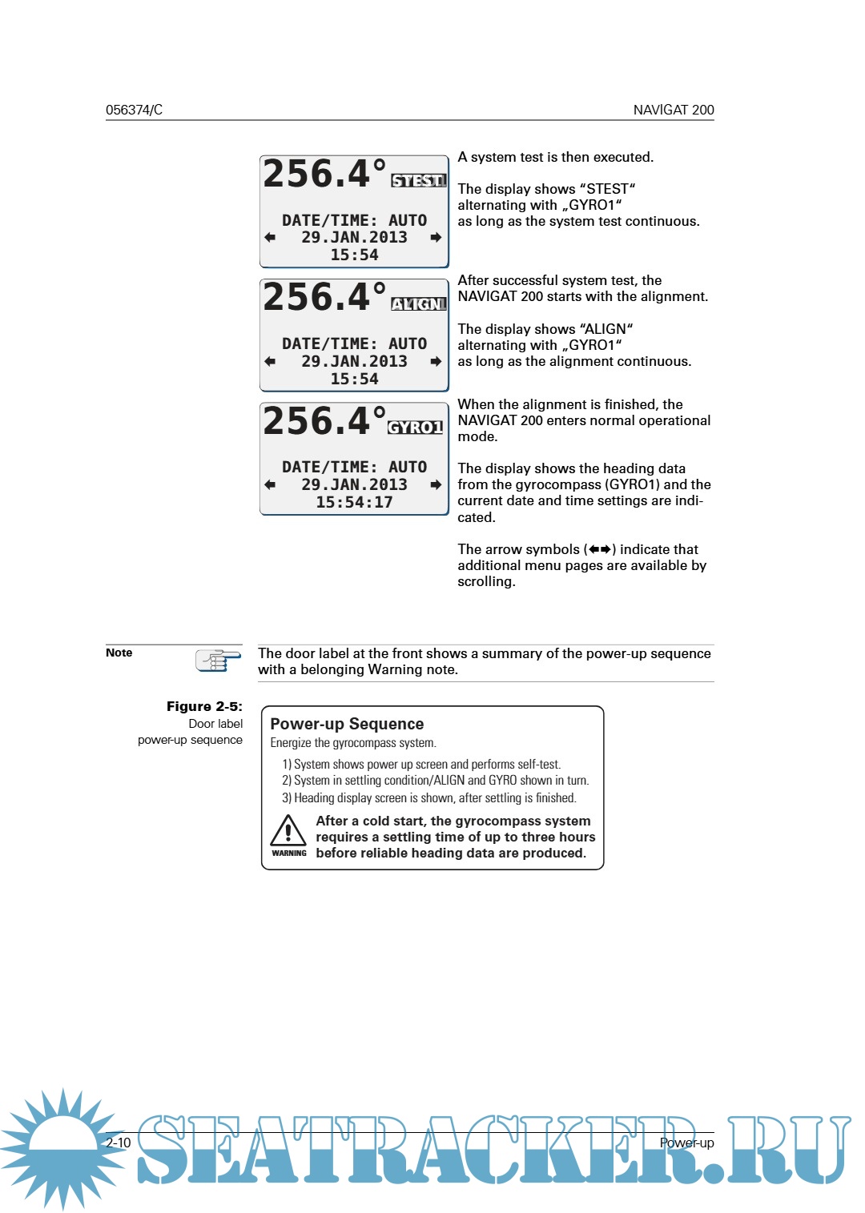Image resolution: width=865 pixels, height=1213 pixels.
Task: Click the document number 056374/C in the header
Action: pyautogui.click(x=134, y=110)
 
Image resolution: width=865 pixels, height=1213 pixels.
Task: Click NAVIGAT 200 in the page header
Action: pyautogui.click(x=673, y=110)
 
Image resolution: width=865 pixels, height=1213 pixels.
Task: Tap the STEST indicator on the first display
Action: pyautogui.click(x=418, y=180)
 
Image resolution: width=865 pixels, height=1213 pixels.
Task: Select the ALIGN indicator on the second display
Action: pyautogui.click(x=418, y=303)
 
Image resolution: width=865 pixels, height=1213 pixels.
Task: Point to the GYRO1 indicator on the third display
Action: pyautogui.click(x=415, y=427)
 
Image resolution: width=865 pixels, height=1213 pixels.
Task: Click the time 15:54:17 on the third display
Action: pyautogui.click(x=354, y=502)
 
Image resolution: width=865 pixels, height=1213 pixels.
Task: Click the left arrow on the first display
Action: pyautogui.click(x=270, y=237)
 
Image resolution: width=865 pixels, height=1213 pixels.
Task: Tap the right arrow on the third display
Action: pyautogui.click(x=436, y=484)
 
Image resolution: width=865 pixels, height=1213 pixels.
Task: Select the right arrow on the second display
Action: pyautogui.click(x=436, y=361)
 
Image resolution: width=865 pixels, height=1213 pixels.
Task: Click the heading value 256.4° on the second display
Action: pyautogui.click(x=324, y=297)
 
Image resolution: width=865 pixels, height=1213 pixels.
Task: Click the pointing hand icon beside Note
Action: pyautogui.click(x=217, y=661)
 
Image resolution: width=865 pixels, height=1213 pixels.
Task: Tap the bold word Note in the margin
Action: pyautogui.click(x=119, y=653)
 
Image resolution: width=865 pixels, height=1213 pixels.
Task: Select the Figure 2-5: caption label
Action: pyautogui.click(x=203, y=706)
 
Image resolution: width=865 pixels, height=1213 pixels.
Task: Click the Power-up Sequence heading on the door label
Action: pyautogui.click(x=347, y=724)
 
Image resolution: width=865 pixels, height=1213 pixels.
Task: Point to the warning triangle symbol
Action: pyautogui.click(x=288, y=831)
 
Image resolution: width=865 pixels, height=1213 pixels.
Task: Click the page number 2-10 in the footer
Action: pyautogui.click(x=119, y=1143)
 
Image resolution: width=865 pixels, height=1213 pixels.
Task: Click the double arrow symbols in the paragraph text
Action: pyautogui.click(x=600, y=549)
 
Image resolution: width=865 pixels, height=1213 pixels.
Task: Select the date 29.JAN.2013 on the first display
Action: pyautogui.click(x=354, y=237)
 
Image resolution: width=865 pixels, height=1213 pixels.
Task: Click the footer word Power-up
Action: pyautogui.click(x=686, y=1143)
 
